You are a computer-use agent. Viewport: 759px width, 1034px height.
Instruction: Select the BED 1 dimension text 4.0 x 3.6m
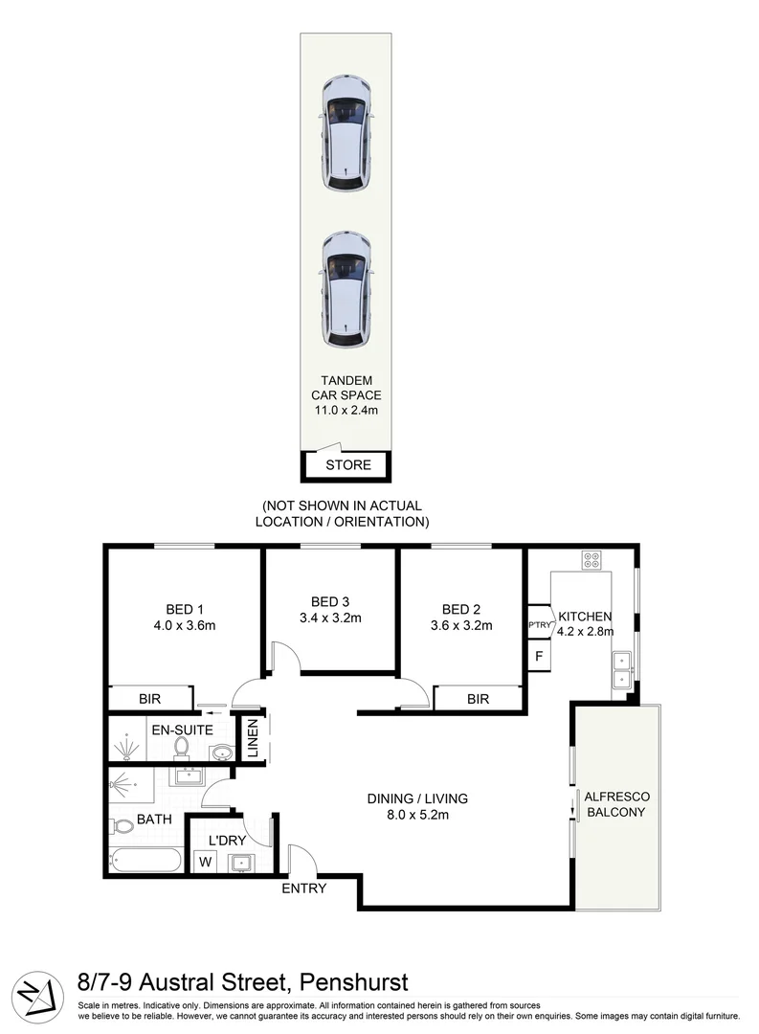coord(185,626)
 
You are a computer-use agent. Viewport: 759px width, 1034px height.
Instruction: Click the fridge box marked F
coord(539,657)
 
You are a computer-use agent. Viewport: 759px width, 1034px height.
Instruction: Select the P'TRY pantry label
coord(538,625)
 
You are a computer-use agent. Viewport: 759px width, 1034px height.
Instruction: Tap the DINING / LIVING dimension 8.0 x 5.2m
coord(417,816)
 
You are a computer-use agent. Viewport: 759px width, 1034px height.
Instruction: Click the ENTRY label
coord(303,888)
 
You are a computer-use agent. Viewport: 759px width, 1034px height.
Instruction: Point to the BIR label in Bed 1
coord(149,700)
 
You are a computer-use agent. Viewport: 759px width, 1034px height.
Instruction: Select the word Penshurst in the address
coord(353,981)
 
